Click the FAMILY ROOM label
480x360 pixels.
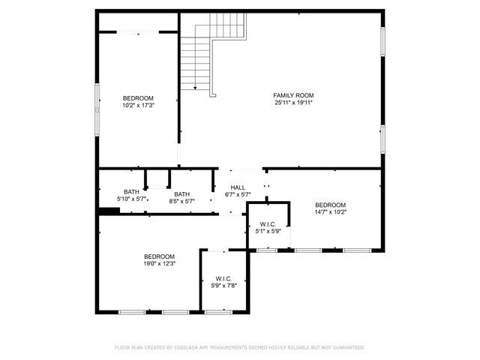point(293,95)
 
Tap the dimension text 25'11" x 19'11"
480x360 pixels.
point(293,103)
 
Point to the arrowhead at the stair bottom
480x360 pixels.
point(195,88)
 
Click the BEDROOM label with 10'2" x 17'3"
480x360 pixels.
point(138,98)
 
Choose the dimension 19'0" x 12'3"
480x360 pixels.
point(159,263)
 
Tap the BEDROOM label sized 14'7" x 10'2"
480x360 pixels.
point(330,205)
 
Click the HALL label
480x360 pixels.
point(238,187)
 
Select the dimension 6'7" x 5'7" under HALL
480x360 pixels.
point(238,195)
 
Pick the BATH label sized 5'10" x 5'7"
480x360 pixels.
point(131,191)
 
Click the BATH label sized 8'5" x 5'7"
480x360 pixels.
point(182,194)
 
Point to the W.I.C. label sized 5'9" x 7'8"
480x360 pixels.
point(223,278)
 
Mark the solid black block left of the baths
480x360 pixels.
point(109,211)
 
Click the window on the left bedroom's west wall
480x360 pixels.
point(97,108)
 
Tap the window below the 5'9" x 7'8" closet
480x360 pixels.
point(218,311)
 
